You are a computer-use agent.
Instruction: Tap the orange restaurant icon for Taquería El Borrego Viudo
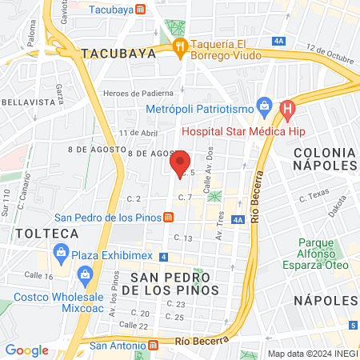[180, 46]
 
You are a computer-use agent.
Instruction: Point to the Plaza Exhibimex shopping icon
[61, 254]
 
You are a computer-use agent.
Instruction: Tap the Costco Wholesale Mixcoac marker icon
[85, 278]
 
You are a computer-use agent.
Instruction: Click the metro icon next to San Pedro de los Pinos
[168, 218]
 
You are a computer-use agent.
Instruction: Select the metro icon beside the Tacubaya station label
[140, 10]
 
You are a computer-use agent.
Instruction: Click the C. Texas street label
[314, 195]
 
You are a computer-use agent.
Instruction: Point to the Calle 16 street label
[37, 275]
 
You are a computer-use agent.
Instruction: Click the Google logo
[26, 350]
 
